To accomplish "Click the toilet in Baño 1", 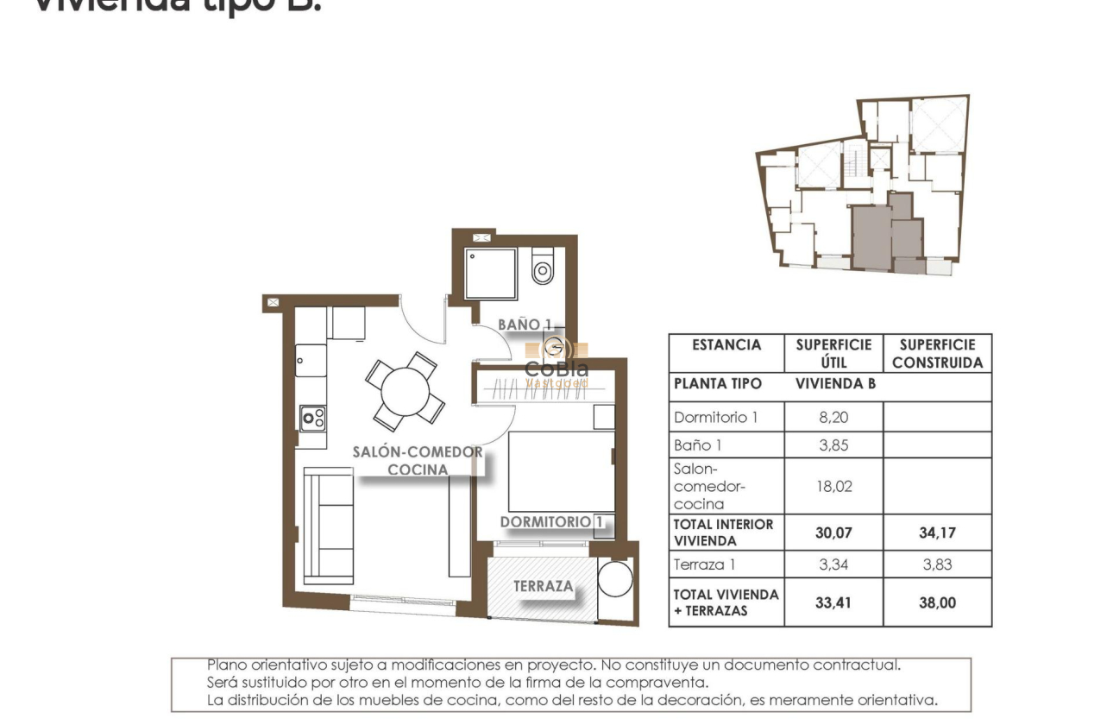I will [543, 268].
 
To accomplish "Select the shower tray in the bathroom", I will [490, 274].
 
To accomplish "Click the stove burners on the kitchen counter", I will [312, 419].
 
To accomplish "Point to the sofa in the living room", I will [330, 526].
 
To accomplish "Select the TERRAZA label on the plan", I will [544, 586].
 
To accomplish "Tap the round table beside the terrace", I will [615, 579].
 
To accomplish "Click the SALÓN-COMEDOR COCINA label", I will [418, 461].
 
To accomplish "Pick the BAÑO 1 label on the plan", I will [525, 325].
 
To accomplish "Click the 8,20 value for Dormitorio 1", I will [833, 417].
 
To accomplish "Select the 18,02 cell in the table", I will [833, 486].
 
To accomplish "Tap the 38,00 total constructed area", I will [937, 603].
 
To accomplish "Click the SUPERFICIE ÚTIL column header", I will [833, 353].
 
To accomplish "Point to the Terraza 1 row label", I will [705, 564].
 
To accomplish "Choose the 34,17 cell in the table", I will [937, 533].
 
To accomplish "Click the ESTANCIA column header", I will [726, 345].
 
